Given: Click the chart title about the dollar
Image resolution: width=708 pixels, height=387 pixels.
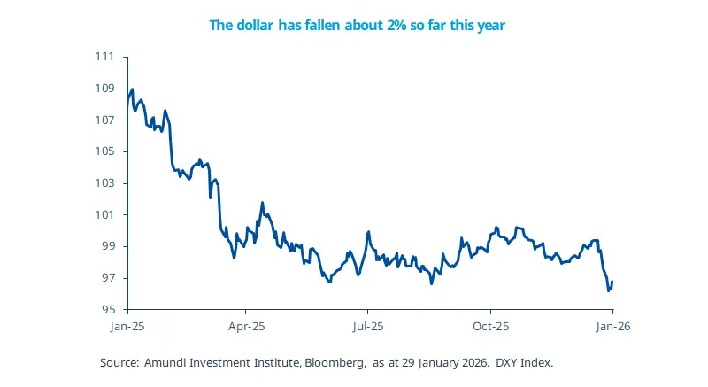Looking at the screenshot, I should point(356,26).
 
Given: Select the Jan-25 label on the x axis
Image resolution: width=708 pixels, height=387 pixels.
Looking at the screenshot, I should point(128,326).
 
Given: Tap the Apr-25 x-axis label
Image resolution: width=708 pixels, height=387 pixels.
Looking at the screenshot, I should point(247,326).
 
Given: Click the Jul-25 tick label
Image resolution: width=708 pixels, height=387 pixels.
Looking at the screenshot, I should point(367,326).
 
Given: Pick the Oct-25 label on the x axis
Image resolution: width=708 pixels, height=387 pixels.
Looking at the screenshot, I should point(489,326).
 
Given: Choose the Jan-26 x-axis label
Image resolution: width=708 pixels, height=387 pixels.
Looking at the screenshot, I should point(612,326).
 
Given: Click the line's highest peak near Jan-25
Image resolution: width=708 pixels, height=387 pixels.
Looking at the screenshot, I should point(132,89).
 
